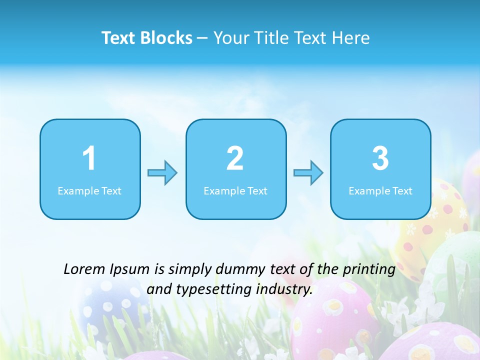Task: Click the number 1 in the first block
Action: [89, 158]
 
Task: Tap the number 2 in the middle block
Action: [235, 158]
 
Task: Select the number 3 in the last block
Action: [380, 158]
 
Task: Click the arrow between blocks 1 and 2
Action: [162, 173]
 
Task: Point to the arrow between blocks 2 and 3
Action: [308, 173]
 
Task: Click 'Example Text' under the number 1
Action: [89, 191]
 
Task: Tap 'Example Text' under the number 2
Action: [235, 191]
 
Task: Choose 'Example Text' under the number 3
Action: [380, 191]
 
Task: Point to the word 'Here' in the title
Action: [351, 38]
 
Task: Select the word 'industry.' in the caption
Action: [284, 289]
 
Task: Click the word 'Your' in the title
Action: [230, 38]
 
